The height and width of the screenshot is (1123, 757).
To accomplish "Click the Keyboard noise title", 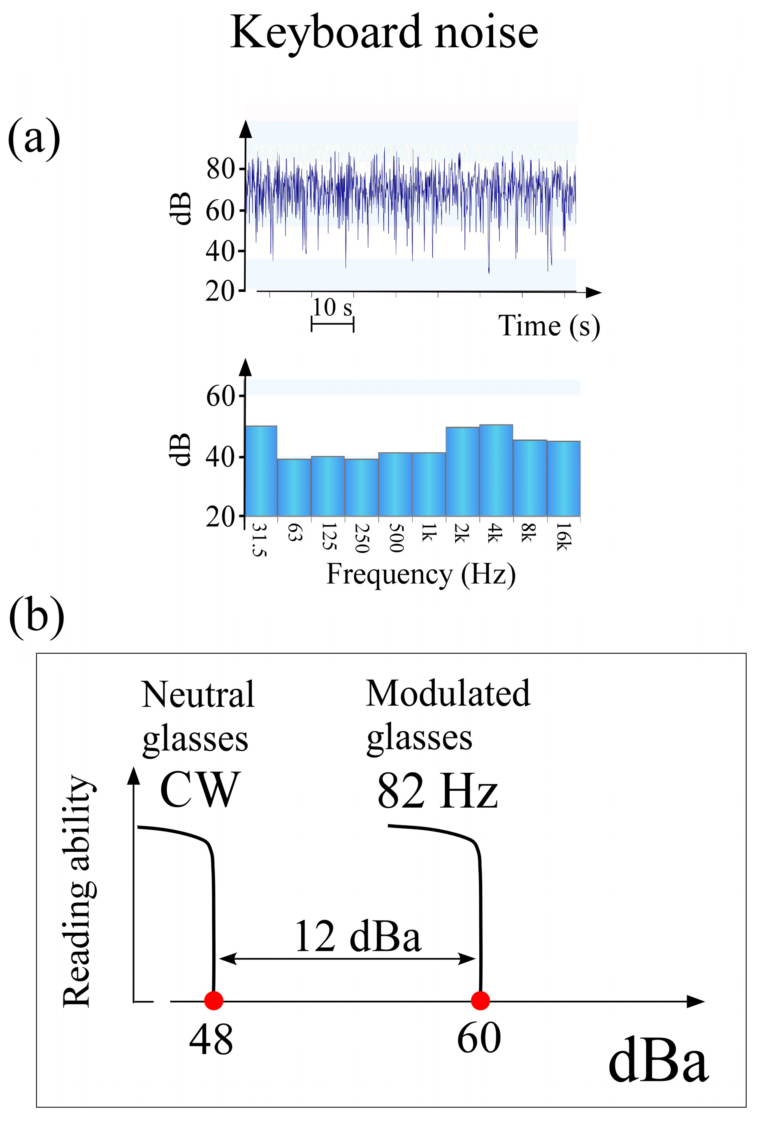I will (x=384, y=33).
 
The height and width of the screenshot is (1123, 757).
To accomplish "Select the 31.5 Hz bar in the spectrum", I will (x=261, y=471).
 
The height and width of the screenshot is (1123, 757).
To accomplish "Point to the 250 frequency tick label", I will (x=362, y=538).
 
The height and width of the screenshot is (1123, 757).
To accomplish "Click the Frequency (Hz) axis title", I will (x=421, y=574).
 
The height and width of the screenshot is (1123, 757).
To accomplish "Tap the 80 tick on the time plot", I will (x=221, y=169).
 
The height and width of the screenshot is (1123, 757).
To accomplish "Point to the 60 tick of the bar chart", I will (x=220, y=396).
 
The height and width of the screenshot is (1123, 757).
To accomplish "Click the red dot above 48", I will (x=214, y=1000).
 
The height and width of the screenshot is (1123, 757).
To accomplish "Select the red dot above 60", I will (x=480, y=1000).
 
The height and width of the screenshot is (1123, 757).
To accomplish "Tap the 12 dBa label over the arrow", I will (x=358, y=936).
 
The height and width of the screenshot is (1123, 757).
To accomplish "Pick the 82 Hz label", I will (x=437, y=791).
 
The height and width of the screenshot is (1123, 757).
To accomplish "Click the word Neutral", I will (x=198, y=694).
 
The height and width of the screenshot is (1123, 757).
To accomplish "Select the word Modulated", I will (x=448, y=693).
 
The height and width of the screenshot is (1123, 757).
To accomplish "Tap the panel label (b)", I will (x=37, y=617).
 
